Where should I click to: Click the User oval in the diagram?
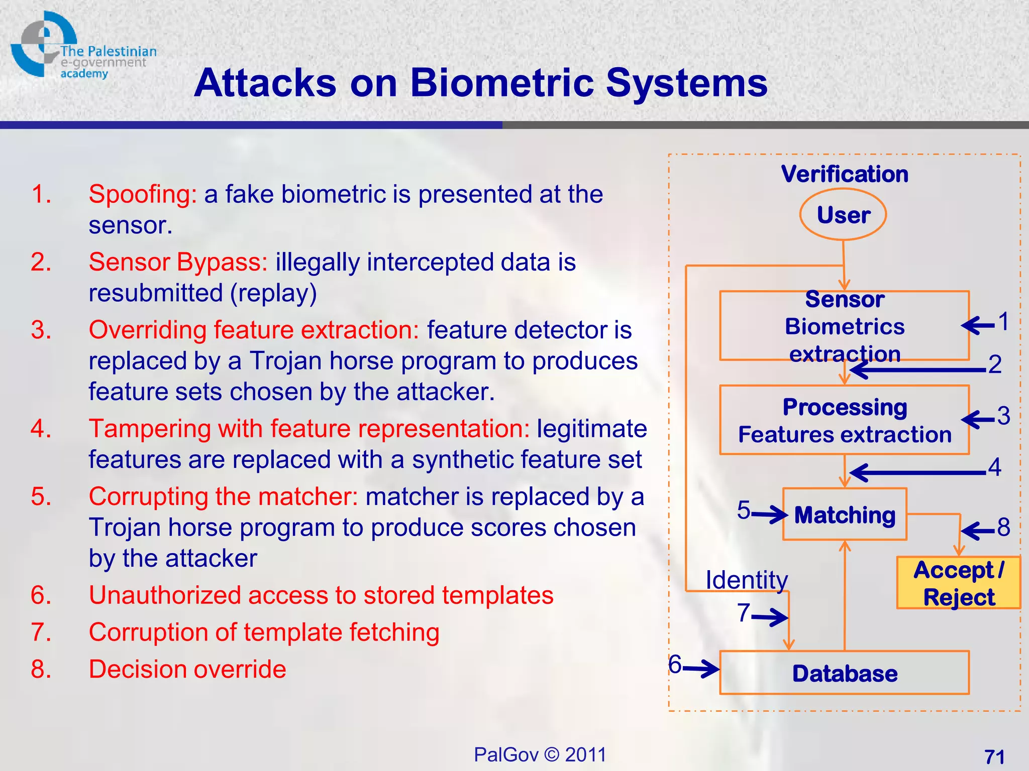point(843,215)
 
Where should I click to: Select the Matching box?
point(845,515)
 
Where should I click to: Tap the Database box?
point(844,673)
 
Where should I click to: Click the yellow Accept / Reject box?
point(959,583)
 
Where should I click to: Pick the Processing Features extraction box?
point(844,421)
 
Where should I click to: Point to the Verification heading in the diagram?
point(845,174)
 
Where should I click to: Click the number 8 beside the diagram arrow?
point(1003,527)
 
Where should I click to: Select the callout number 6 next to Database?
point(675,664)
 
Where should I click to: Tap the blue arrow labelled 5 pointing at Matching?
point(769,515)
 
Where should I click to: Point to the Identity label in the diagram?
point(747,580)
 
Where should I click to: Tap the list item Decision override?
point(187,669)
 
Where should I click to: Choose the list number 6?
point(41,595)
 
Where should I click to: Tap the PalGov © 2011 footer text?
point(540,754)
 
